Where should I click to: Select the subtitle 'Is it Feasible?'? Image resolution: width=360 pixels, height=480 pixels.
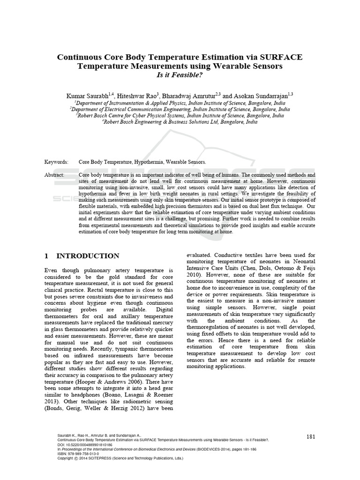(180, 75)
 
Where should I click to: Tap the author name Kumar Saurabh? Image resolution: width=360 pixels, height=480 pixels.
(87, 95)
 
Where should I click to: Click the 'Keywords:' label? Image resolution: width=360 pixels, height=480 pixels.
(56, 162)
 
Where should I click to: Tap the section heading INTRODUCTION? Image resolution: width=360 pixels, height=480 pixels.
(88, 256)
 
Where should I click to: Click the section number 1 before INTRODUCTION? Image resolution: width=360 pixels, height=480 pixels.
(46, 256)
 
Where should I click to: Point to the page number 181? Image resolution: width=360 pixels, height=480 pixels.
(310, 436)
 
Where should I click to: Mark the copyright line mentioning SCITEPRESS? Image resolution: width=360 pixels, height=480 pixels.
(120, 458)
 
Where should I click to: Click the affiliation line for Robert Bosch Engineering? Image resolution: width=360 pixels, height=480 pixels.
(180, 121)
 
